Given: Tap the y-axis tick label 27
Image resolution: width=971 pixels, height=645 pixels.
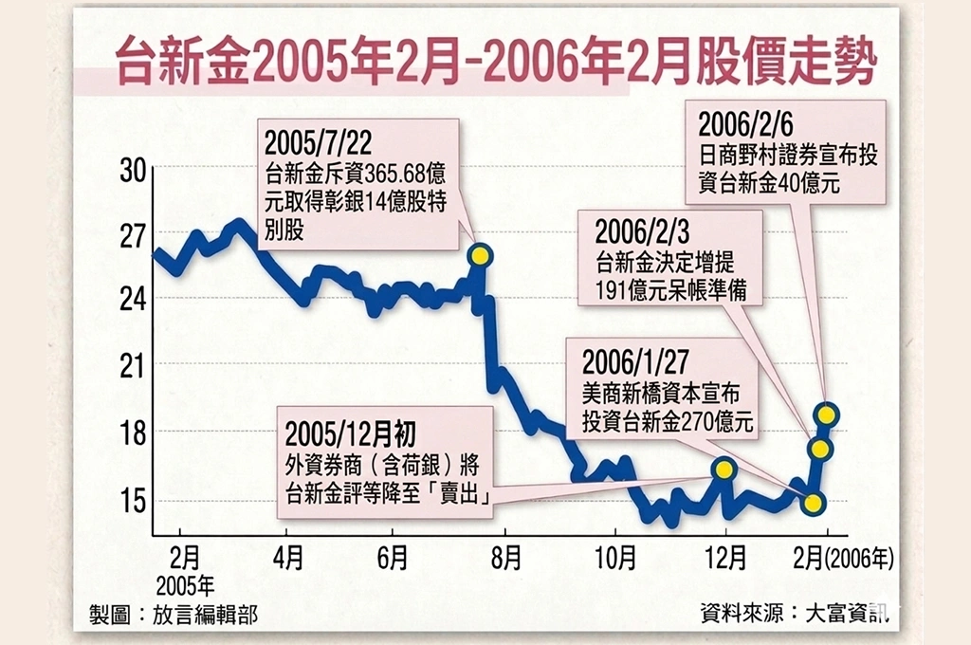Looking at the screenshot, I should coord(133,234).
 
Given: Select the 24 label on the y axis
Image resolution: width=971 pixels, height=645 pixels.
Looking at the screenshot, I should coord(133,299).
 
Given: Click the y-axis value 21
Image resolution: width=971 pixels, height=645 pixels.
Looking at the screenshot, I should coord(133,365).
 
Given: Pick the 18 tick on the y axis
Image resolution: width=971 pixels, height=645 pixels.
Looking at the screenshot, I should coord(133,433).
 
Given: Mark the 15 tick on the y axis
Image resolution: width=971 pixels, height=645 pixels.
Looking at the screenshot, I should coord(133,500).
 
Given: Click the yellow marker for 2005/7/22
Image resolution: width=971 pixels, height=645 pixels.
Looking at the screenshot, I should coord(480,255).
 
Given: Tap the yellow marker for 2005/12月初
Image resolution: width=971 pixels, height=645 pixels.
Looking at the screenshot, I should coord(724,469).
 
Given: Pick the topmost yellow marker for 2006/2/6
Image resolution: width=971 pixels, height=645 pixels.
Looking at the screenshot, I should coord(827,414).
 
